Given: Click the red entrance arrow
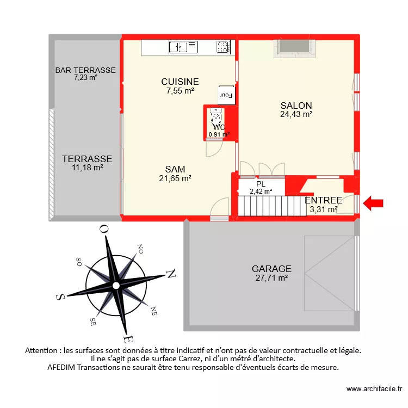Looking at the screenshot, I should [373, 204].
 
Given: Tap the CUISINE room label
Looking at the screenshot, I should [180, 82].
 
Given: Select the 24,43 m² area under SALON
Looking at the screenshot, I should [296, 114].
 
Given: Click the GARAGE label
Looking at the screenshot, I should [271, 269].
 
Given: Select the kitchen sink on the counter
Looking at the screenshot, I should [183, 47].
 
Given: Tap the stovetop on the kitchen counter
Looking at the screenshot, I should [223, 47].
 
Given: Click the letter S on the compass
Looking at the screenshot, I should [61, 296].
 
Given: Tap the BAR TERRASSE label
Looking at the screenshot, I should [85, 70].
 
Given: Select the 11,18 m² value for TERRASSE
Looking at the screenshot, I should [87, 168].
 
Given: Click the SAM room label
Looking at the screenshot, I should [175, 169].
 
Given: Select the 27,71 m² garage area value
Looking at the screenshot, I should [271, 277].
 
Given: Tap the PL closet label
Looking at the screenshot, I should [261, 184].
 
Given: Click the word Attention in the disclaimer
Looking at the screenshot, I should [44, 351].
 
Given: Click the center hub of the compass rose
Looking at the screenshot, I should [115, 286].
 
